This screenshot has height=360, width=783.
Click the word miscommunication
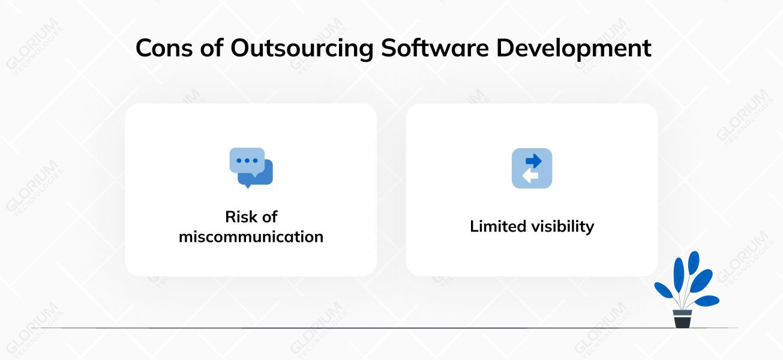point(251,236)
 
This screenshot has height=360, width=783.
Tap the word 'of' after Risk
point(269,216)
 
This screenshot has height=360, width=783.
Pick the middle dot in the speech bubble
point(247,161)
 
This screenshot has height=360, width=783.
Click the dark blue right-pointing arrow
point(533,160)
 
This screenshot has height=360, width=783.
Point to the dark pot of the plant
point(682,321)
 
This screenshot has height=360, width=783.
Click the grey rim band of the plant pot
point(682,312)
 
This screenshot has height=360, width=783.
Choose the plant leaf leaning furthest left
point(664,290)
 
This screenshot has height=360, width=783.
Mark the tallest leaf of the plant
point(693,262)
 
